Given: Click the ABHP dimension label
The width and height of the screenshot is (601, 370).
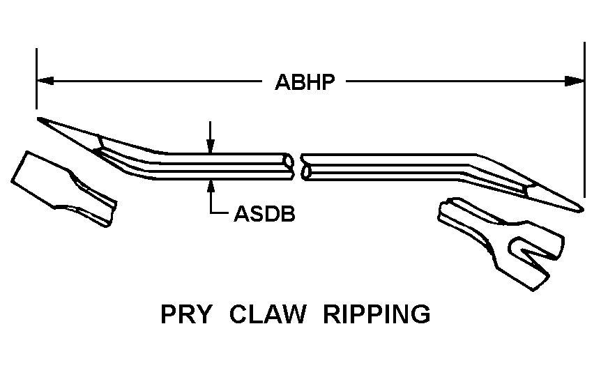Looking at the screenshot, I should click(305, 82).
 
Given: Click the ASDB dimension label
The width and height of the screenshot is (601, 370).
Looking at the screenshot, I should click(264, 213).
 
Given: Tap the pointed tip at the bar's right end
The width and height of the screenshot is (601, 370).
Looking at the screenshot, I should click(580, 208).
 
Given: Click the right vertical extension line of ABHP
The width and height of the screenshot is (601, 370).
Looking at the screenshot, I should click(585, 118).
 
